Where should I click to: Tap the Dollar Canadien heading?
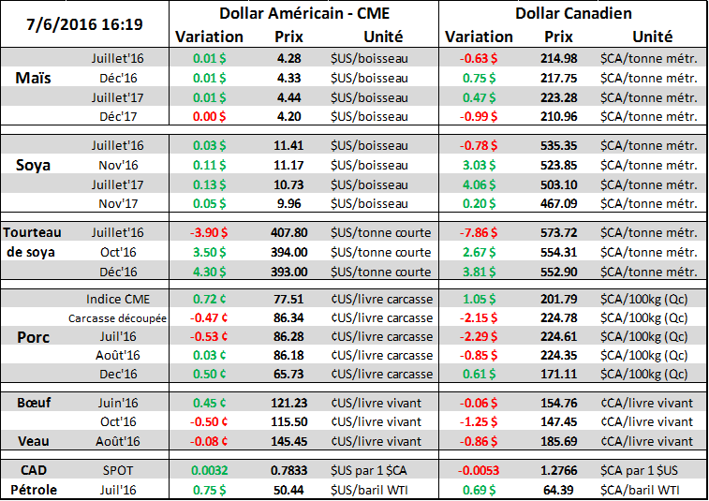click(x=573, y=14)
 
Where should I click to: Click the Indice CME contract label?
click(x=118, y=299)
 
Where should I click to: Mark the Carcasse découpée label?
click(x=118, y=317)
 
